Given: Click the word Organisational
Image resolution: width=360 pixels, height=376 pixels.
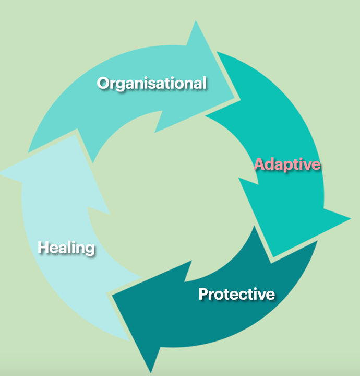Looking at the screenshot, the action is click(x=151, y=84).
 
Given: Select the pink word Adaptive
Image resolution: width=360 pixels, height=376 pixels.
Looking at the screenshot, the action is click(x=287, y=164).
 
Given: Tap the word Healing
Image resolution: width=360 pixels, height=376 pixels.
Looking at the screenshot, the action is click(x=66, y=248).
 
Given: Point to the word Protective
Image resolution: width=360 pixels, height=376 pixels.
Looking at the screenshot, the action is click(x=237, y=294).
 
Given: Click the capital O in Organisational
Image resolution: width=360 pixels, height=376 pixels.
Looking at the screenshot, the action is click(x=103, y=83).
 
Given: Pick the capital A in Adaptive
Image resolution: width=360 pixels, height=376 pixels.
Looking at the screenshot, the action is click(x=260, y=164).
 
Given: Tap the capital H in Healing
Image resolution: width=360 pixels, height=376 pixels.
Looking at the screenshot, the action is click(x=44, y=247).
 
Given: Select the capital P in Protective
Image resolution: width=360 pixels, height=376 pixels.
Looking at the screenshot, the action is click(x=203, y=294).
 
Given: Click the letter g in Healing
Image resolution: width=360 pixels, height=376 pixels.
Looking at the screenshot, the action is click(x=90, y=250).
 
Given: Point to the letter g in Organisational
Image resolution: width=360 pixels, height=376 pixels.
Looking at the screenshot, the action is click(x=125, y=86).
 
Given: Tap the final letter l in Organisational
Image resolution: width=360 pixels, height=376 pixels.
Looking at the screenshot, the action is click(x=205, y=83).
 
